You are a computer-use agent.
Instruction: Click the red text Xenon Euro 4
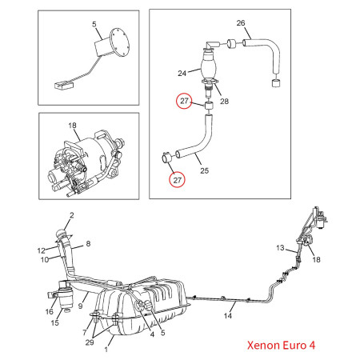click(x=281, y=345)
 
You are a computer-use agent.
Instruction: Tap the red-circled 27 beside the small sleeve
click(x=184, y=101)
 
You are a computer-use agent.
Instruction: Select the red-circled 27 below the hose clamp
click(x=178, y=180)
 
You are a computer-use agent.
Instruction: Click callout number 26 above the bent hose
click(x=241, y=23)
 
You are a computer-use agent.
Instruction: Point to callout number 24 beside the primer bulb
click(x=182, y=73)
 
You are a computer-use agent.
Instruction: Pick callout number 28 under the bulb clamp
click(x=224, y=101)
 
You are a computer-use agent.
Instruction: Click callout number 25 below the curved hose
click(x=204, y=170)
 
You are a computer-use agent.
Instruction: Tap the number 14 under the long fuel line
click(x=227, y=316)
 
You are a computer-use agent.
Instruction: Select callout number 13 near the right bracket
click(x=280, y=248)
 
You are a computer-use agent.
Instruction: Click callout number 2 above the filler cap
click(x=71, y=215)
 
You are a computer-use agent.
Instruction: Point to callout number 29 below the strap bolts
click(x=90, y=342)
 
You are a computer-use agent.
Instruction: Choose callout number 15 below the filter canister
click(x=54, y=322)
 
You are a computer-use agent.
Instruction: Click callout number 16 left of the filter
click(x=50, y=311)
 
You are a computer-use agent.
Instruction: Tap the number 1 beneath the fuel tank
click(x=106, y=350)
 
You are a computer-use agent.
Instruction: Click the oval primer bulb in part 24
click(x=209, y=68)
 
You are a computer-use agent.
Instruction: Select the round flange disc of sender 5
click(x=119, y=42)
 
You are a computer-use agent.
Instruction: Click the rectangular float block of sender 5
click(x=64, y=86)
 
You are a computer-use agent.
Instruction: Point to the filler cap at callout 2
click(x=63, y=234)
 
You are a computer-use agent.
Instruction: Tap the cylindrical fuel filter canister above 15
click(x=65, y=294)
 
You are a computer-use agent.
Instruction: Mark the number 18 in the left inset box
click(x=72, y=126)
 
